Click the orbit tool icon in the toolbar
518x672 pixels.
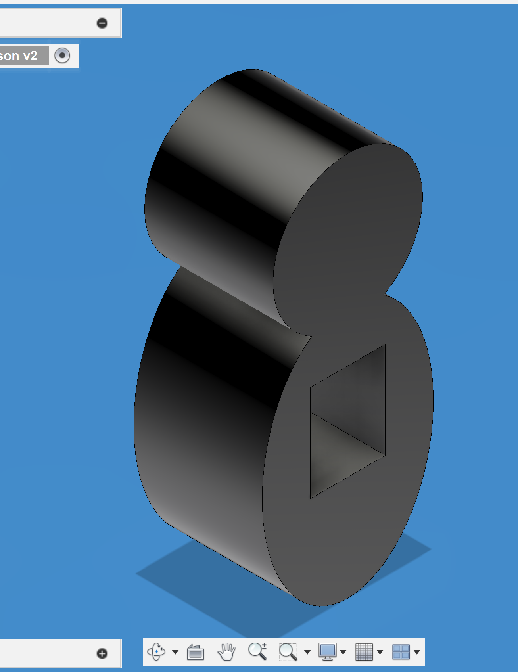click(x=156, y=651)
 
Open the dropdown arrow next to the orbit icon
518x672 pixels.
click(x=175, y=652)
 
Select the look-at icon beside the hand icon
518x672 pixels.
click(x=196, y=652)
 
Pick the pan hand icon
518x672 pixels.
click(x=226, y=652)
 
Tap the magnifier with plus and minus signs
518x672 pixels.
click(x=257, y=651)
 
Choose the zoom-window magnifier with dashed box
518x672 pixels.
click(x=288, y=652)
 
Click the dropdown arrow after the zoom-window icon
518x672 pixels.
click(x=307, y=652)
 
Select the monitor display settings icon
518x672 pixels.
click(x=328, y=652)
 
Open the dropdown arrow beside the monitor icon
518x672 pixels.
click(x=343, y=652)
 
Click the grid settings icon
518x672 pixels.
click(x=364, y=652)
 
